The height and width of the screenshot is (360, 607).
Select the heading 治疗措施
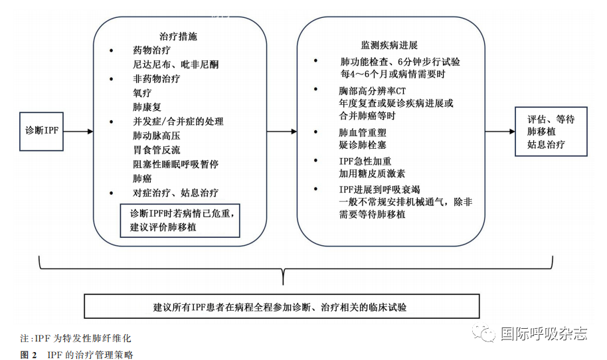[178, 37]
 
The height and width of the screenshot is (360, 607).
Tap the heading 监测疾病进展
[389, 45]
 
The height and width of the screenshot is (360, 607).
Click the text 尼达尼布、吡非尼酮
[176, 64]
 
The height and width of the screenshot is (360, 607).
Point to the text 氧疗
[142, 93]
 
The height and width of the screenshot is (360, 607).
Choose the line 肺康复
[147, 107]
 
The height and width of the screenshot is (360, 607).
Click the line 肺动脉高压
[156, 135]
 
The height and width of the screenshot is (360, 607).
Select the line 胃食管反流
[156, 150]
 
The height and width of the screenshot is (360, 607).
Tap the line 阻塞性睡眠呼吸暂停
[176, 164]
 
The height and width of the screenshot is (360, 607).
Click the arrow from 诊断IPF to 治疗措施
[78, 132]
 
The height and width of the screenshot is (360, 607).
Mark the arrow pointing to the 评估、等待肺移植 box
[500, 132]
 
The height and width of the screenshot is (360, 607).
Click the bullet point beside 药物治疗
[112, 50]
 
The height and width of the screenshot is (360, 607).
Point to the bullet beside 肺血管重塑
[316, 132]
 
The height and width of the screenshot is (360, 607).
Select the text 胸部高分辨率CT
[372, 91]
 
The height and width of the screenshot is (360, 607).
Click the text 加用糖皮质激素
[372, 174]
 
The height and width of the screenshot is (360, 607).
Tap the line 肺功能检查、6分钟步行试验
[400, 62]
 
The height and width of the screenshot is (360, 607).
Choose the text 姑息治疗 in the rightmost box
[546, 145]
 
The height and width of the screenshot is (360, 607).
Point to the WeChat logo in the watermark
[483, 333]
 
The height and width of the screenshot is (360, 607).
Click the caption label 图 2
[29, 355]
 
